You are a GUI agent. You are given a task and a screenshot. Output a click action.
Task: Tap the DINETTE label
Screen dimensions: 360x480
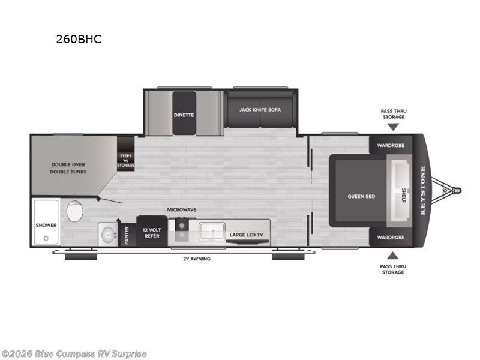coord(184,115)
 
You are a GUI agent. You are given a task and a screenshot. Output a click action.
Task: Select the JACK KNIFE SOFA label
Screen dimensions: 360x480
coord(260,110)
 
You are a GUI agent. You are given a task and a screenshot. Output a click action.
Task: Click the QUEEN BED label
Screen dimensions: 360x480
coord(361,196)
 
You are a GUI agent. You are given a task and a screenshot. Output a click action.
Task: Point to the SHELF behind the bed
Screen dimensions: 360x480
coord(402,196)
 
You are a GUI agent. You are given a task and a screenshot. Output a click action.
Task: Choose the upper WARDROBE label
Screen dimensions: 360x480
coord(390,146)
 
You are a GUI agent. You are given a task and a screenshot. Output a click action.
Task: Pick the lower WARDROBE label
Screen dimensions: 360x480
coord(390,237)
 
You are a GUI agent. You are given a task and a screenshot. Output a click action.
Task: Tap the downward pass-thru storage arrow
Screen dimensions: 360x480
coord(392,127)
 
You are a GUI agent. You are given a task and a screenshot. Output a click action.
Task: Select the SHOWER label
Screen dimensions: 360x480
coord(46,226)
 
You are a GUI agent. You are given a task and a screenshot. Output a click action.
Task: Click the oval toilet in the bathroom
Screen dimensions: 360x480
coord(75,212)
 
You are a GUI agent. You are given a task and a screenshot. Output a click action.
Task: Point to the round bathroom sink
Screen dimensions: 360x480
coord(107,235)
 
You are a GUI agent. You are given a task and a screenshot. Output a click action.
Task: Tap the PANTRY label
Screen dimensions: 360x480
coord(127,235)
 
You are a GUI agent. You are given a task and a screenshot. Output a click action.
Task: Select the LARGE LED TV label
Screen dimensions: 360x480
coord(247,235)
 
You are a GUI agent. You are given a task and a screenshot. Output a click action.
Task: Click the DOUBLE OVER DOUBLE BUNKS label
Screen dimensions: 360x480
coord(69,167)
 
